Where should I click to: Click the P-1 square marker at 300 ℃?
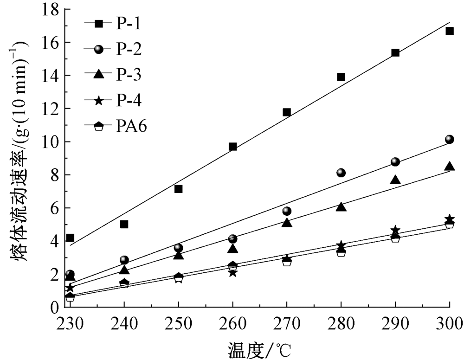(449, 31)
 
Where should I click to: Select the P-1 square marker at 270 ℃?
(287, 112)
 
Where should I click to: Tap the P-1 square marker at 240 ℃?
(124, 224)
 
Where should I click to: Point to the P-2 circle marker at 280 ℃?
(341, 173)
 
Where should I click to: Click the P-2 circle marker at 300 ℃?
(449, 139)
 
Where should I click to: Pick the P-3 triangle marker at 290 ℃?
(395, 180)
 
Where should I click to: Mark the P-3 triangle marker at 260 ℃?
(232, 249)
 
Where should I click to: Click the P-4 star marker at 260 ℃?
(232, 273)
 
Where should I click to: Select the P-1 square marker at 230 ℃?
(70, 238)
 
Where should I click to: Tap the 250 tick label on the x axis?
(178, 323)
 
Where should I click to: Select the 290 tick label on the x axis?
(395, 323)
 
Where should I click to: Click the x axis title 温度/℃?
(259, 348)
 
